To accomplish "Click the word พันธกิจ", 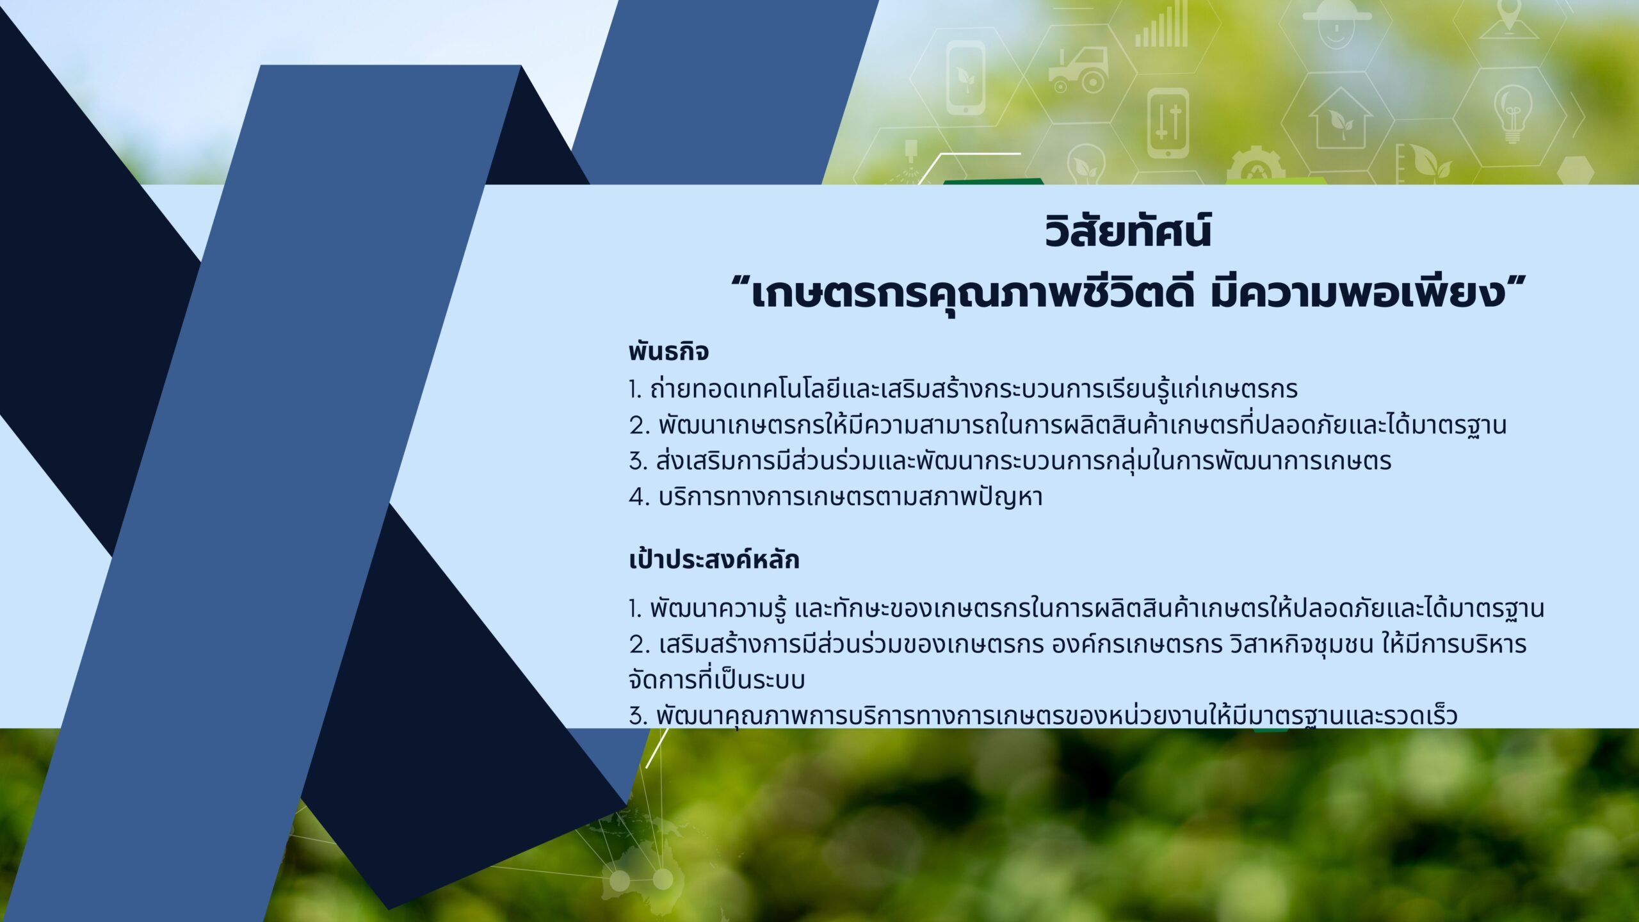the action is tap(668, 352).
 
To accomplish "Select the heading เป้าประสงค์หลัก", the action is tap(714, 560).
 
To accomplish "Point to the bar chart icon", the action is tap(1161, 26).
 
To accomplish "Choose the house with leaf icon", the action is tap(1341, 119).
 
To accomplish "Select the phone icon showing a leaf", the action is tap(965, 77).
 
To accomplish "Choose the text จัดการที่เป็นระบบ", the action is tap(717, 679).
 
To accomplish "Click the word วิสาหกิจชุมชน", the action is tap(1302, 644).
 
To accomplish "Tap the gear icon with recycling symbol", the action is tap(1255, 166).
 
